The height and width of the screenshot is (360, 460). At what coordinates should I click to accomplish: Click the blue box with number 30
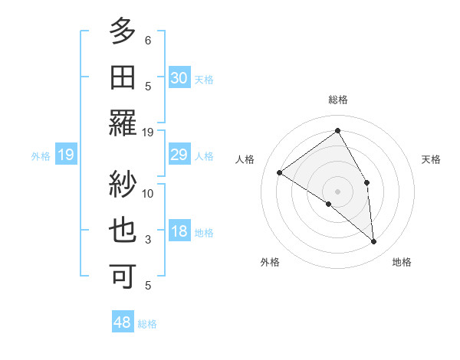(179, 78)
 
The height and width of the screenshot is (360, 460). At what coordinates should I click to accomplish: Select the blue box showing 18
(179, 232)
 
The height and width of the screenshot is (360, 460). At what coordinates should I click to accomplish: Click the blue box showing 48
(123, 322)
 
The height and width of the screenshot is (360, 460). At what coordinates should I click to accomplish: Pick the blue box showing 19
(66, 155)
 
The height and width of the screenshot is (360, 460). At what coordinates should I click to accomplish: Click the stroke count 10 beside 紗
(148, 193)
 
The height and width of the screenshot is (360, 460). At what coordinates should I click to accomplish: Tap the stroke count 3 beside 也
(148, 240)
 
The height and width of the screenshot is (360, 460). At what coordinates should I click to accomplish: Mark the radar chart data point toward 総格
(337, 131)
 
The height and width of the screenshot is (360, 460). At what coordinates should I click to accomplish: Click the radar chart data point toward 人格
(280, 172)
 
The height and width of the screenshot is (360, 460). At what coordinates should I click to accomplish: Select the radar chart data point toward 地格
(373, 241)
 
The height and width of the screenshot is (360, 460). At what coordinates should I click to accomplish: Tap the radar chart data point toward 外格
(328, 204)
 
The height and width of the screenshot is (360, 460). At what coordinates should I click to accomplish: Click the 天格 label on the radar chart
(431, 159)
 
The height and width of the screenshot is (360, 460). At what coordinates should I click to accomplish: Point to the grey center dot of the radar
(337, 191)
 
